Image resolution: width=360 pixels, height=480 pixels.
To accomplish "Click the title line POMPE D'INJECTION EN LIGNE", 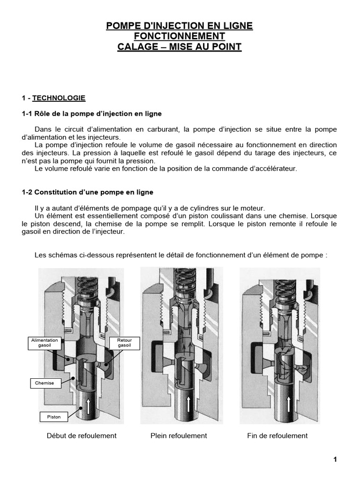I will [x=180, y=26].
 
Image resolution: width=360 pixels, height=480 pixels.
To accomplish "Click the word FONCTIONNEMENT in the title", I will [x=180, y=37].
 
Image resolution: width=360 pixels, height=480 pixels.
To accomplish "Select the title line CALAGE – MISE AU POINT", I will [x=180, y=47].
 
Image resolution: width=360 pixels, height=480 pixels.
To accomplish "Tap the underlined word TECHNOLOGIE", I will [x=59, y=98].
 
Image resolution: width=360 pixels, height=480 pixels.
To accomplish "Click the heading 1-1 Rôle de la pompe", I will [x=92, y=114].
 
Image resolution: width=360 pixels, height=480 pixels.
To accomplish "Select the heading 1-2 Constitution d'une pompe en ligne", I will [x=88, y=192].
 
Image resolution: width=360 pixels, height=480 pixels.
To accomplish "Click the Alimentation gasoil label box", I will [x=45, y=343].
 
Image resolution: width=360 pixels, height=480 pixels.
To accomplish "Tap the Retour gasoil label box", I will [x=124, y=343].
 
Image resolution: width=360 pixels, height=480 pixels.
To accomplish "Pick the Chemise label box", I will [x=45, y=383].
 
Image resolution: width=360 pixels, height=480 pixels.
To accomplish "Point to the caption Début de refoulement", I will [x=82, y=435].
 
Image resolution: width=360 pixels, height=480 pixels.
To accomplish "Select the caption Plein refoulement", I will [x=179, y=435].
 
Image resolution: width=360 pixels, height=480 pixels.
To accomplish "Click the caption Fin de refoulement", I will [x=277, y=435].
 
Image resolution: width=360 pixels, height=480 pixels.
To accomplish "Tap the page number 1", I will [x=335, y=459].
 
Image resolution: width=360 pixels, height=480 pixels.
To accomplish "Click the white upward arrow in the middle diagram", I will [x=188, y=403].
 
